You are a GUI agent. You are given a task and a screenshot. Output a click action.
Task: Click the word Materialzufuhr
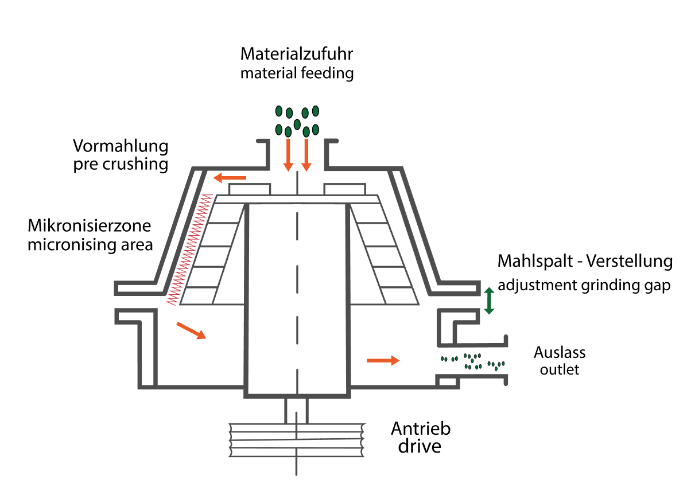tap(296, 54)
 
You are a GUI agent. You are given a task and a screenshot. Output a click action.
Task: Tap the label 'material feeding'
tap(296, 73)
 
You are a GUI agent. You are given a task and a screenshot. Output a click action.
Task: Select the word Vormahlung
tap(121, 146)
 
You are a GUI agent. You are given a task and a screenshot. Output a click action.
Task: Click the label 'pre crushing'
tap(121, 165)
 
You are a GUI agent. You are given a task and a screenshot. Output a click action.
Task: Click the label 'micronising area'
tap(90, 245)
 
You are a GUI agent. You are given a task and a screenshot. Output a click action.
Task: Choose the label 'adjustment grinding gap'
tap(584, 285)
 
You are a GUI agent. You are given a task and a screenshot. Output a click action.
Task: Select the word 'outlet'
tap(560, 369)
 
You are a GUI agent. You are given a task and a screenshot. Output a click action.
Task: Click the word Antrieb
tap(421, 428)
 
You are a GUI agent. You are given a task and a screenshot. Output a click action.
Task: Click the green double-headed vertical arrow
tap(489, 301)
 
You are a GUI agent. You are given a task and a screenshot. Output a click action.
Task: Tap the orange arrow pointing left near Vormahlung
tap(230, 178)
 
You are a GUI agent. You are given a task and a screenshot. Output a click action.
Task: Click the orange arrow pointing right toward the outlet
tap(383, 360)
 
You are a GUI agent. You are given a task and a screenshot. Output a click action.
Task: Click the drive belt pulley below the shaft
tap(296, 441)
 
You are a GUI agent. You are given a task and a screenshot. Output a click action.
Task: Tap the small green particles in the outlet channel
tap(472, 361)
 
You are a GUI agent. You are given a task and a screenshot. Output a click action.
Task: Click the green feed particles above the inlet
tap(297, 120)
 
